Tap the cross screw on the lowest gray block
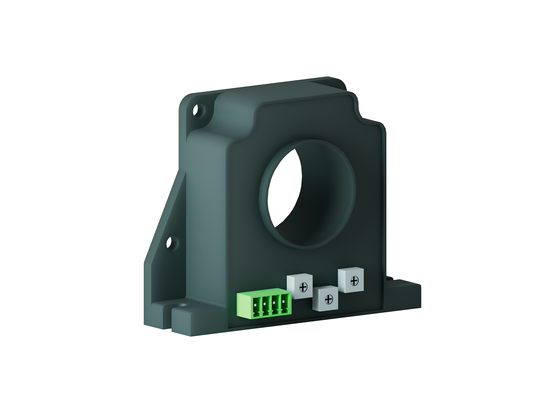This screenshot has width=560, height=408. (x=329, y=299)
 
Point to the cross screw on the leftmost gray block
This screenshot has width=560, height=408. (x=303, y=288)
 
